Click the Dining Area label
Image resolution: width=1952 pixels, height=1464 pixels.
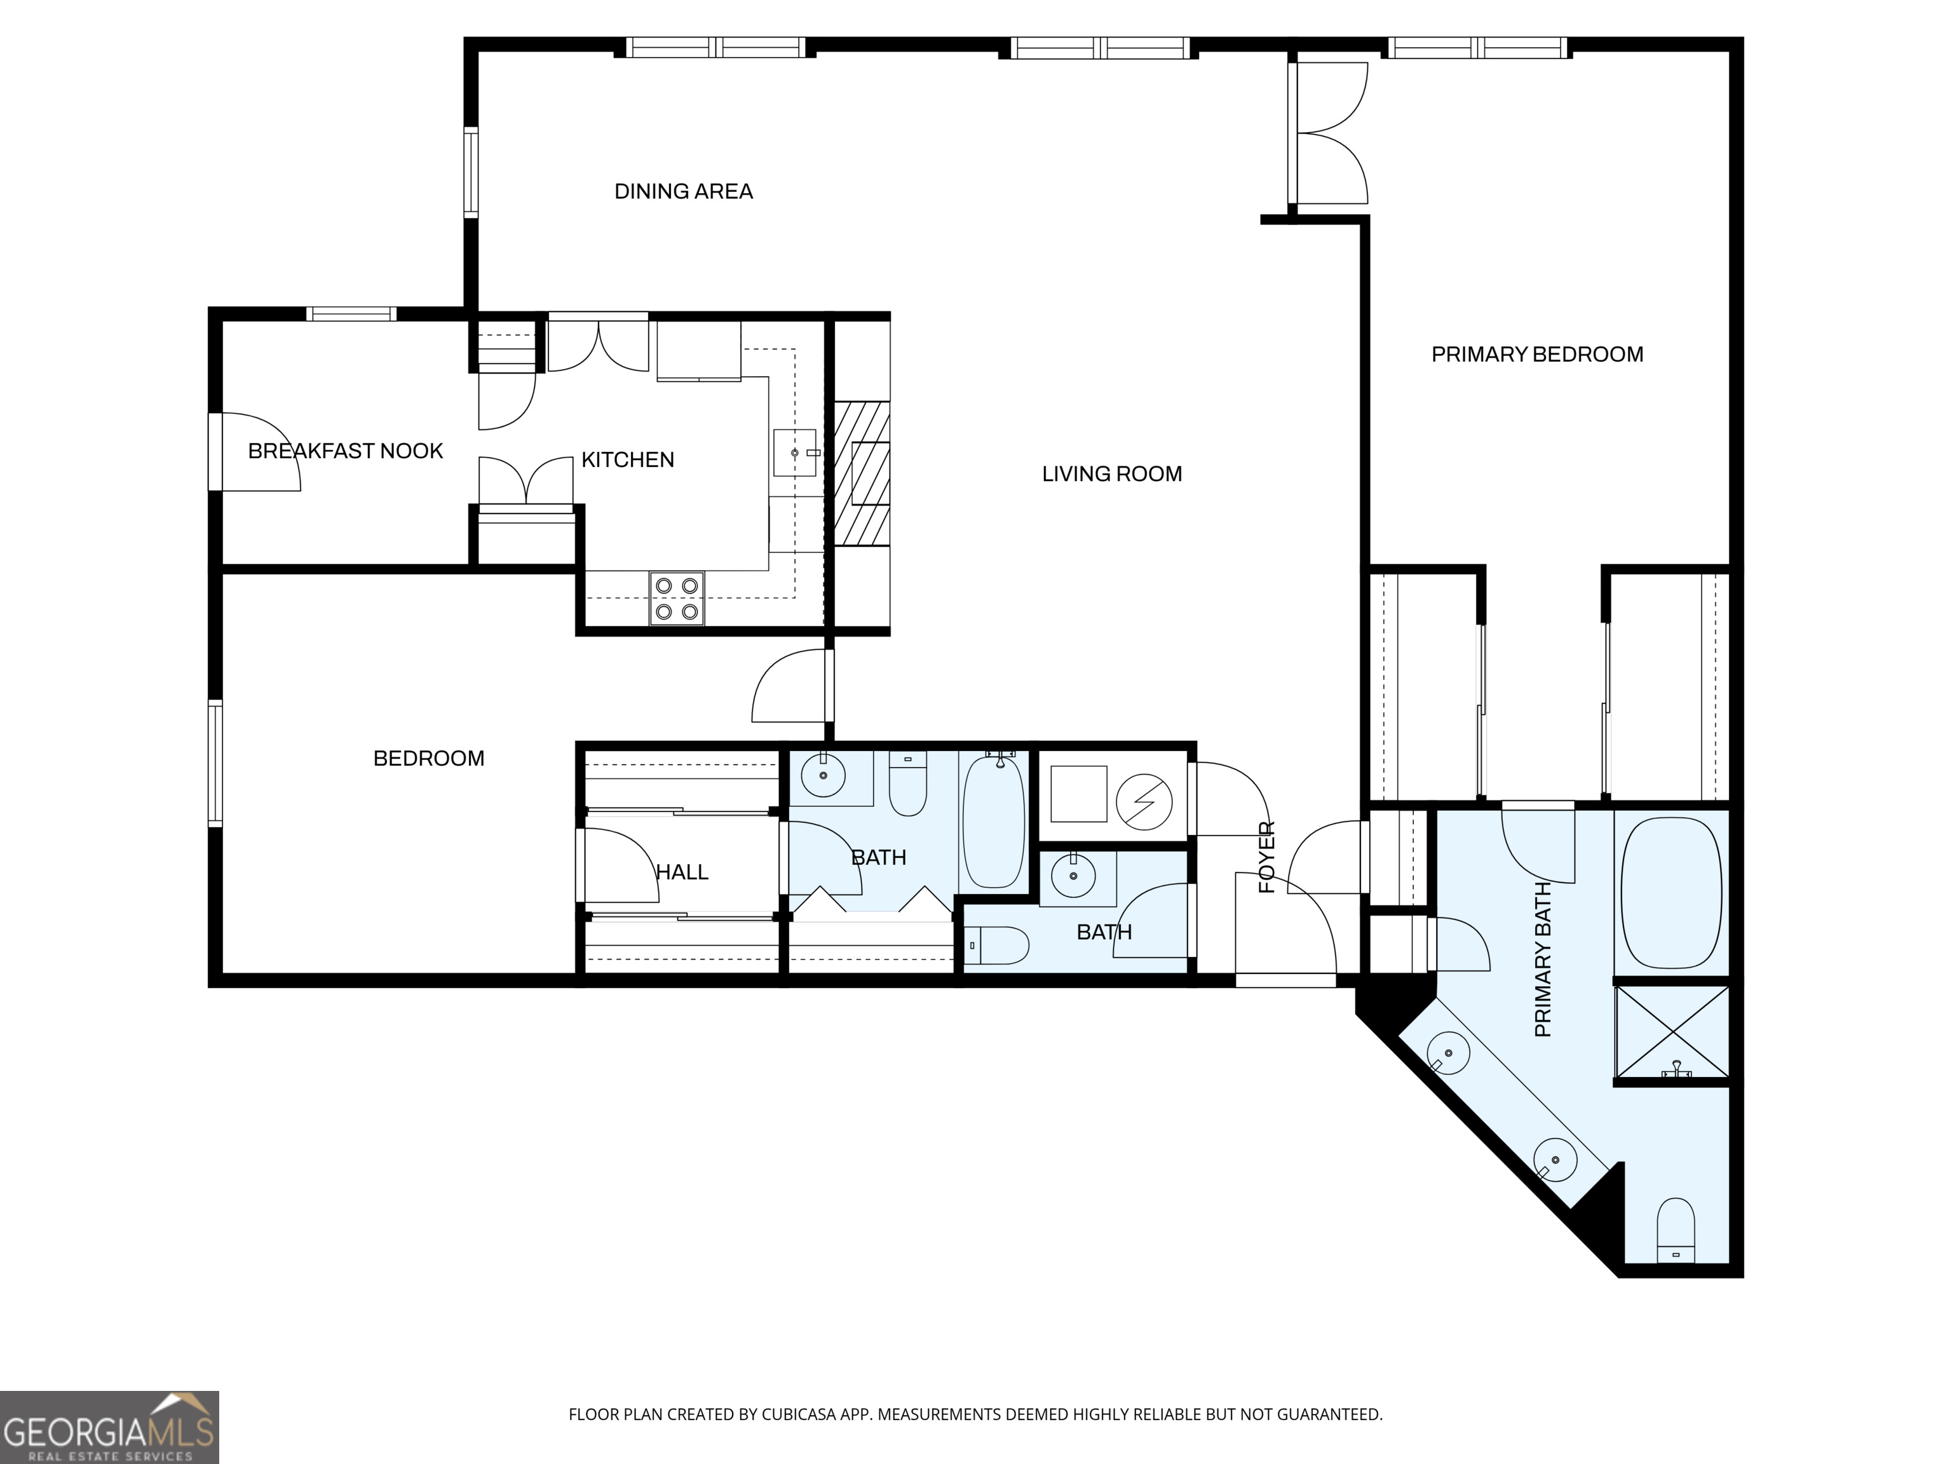[x=683, y=191]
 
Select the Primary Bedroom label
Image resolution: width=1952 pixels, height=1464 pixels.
[x=1537, y=354]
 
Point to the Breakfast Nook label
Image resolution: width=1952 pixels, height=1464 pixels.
[x=345, y=451]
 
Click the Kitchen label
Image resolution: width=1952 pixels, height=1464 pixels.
[x=627, y=460]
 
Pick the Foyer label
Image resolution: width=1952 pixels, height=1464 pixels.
[x=1266, y=857]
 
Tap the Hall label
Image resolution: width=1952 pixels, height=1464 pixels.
[x=682, y=872]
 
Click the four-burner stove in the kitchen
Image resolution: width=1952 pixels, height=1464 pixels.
[x=677, y=599]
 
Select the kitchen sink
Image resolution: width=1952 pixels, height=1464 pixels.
[x=795, y=452]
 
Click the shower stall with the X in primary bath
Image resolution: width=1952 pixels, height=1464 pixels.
[x=1671, y=1031]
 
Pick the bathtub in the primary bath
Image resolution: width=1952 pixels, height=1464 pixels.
[x=1671, y=892]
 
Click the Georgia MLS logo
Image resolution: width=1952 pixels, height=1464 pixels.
[x=109, y=1427]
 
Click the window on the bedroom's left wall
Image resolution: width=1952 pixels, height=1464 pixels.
[x=215, y=763]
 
